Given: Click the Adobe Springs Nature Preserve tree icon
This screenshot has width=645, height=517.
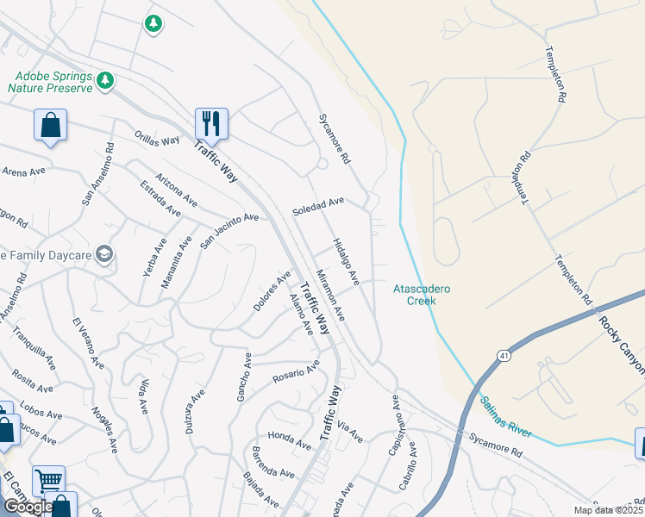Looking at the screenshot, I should pos(106,81).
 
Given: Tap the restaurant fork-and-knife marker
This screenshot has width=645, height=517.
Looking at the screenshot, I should pos(210,122).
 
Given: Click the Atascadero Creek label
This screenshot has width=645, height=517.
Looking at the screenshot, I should pos(422,295).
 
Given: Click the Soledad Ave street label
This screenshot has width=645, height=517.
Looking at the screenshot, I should pos(318,206).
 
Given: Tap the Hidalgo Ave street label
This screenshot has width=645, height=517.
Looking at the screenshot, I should pos(347,261).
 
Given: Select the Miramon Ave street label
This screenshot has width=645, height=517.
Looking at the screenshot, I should pos(330,296).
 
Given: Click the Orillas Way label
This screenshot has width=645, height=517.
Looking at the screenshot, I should pos(157,138).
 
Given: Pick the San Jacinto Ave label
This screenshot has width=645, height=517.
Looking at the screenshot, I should pos(229,230).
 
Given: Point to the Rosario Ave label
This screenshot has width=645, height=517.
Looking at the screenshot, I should pos(296,375).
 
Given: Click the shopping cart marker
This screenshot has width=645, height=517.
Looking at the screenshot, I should pos(48,479).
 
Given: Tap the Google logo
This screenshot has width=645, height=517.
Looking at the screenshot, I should pos(28,507).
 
